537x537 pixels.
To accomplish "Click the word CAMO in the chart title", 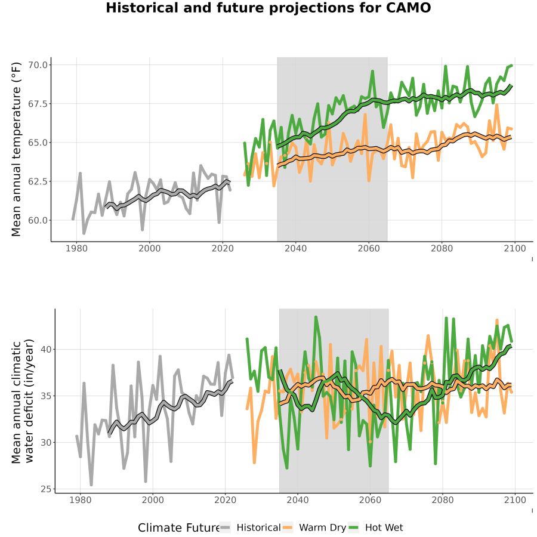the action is (x=408, y=8).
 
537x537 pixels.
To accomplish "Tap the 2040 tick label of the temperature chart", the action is (x=295, y=248).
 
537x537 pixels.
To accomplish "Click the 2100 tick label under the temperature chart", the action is (x=515, y=248).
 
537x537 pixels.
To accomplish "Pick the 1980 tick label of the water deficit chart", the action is (x=81, y=500).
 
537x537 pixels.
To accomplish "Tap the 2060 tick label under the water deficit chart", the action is (x=370, y=500).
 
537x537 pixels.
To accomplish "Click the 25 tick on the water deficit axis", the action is (x=46, y=489).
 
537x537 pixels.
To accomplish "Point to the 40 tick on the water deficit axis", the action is (x=46, y=350).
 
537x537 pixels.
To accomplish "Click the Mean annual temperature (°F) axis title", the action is (x=16, y=149).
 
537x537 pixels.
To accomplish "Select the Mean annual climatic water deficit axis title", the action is (x=23, y=401).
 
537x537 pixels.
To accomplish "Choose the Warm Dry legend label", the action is (x=323, y=528).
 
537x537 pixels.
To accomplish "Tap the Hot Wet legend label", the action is (x=384, y=528).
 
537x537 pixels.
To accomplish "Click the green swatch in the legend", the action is (x=353, y=528).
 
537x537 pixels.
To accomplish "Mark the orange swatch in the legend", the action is (x=288, y=528).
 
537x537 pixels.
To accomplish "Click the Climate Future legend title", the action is (x=179, y=528).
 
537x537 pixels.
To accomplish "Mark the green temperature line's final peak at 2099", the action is (x=512, y=65).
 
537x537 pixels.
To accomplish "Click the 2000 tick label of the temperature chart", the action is (x=149, y=248).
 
